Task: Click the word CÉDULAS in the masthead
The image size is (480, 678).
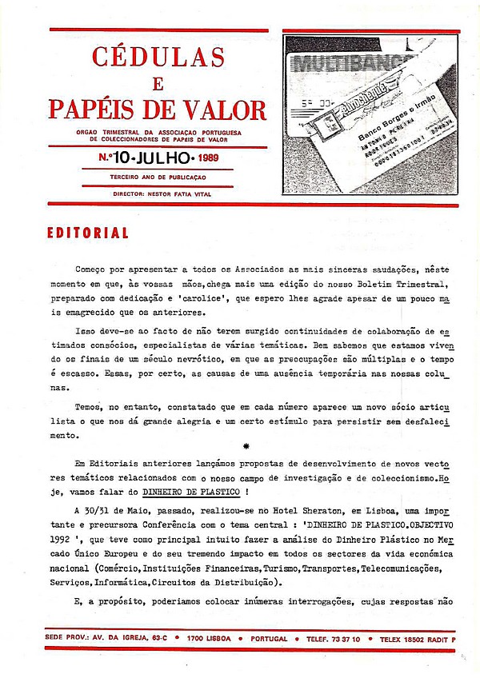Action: [x=158, y=57]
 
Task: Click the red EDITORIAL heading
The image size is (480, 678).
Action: [x=88, y=233]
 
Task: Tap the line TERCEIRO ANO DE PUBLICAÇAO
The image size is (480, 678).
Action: [x=158, y=177]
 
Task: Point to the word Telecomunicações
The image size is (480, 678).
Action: [x=396, y=568]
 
